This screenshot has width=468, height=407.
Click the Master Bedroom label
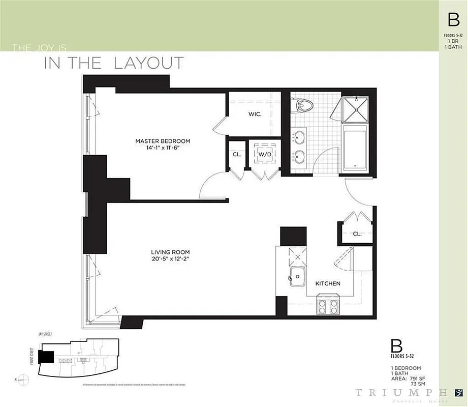(163, 141)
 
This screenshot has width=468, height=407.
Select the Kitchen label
(328, 283)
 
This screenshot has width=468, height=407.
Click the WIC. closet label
(255, 114)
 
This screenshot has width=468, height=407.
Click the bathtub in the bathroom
(358, 150)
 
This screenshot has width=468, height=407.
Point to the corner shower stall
(358, 108)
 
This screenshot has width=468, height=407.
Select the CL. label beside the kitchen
(357, 234)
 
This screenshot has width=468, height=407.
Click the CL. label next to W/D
(237, 154)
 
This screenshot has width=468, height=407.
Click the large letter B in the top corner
(453, 20)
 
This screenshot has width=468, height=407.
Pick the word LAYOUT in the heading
(148, 63)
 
